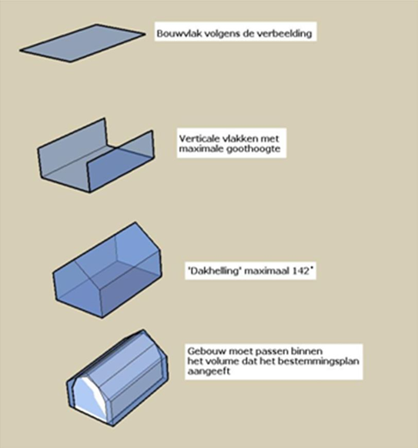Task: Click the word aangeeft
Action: [x=209, y=372]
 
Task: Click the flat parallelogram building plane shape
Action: [x=82, y=43]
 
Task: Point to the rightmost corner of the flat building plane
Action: [x=145, y=34]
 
